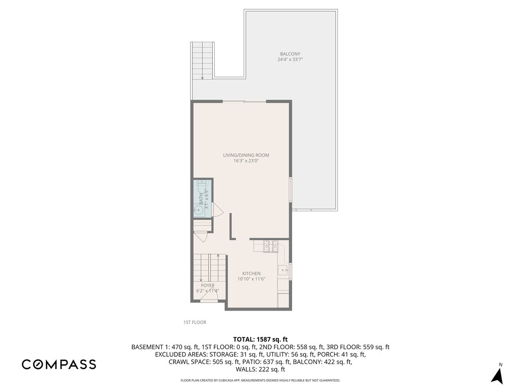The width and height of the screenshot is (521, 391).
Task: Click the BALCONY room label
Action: click(290, 54)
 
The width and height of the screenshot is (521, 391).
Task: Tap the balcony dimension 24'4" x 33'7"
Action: click(290, 60)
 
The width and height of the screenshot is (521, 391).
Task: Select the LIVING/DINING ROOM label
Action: click(246, 155)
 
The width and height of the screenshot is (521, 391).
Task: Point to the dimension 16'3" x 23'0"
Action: click(246, 161)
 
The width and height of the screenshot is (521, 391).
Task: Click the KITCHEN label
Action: click(251, 273)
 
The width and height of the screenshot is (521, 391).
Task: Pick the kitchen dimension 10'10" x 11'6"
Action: click(251, 280)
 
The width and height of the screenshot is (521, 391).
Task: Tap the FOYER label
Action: click(208, 285)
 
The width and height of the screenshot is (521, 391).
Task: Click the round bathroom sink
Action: click(199, 210)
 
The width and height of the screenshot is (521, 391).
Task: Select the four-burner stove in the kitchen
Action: click(271, 246)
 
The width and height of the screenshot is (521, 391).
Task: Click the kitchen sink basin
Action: click(283, 271)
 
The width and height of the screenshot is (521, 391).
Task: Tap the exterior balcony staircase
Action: click(202, 61)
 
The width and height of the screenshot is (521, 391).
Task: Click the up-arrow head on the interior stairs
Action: click(218, 256)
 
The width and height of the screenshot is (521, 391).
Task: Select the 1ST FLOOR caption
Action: click(195, 322)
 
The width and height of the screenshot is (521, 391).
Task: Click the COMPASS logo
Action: click(59, 365)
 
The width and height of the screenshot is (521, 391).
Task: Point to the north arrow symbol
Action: click(498, 375)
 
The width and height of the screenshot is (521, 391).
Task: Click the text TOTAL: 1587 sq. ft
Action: click(260, 340)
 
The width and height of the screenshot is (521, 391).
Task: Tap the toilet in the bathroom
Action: click(201, 187)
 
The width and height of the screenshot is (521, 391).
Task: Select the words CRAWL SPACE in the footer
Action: click(189, 362)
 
